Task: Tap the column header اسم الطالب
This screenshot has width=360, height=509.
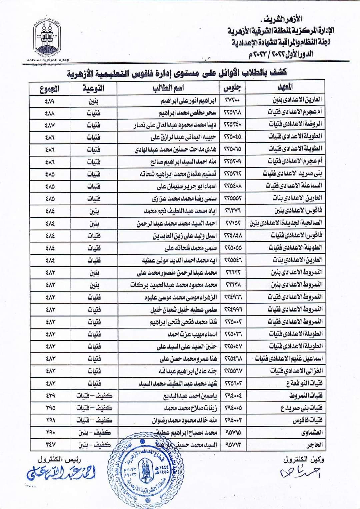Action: point(169,88)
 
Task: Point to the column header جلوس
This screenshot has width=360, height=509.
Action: point(233,88)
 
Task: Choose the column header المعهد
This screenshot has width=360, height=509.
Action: point(286,88)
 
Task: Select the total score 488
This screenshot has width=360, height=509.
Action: point(49,113)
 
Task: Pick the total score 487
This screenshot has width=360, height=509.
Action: point(49,125)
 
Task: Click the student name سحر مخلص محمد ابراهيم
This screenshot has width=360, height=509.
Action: point(187,113)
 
